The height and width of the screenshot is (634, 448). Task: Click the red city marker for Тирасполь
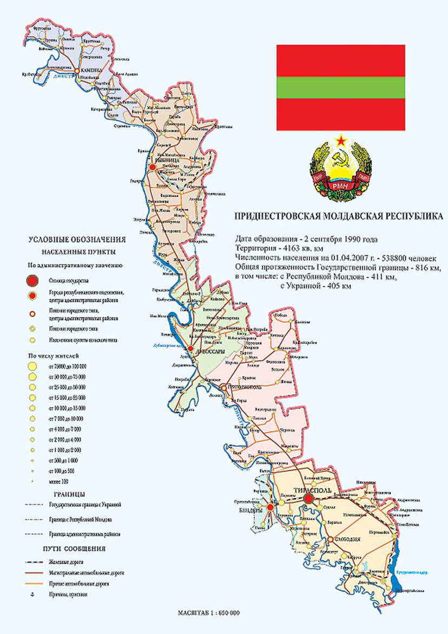point(308,499)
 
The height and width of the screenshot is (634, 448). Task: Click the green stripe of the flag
point(341,87)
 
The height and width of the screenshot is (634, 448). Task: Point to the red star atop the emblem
point(341,141)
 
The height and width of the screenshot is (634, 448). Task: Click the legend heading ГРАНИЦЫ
point(68,494)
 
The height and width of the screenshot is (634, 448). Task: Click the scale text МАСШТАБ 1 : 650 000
point(209,613)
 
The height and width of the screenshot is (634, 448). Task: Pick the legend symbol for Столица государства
point(33,280)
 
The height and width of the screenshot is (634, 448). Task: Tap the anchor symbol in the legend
point(32,594)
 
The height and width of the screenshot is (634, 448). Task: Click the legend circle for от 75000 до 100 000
point(32,367)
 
